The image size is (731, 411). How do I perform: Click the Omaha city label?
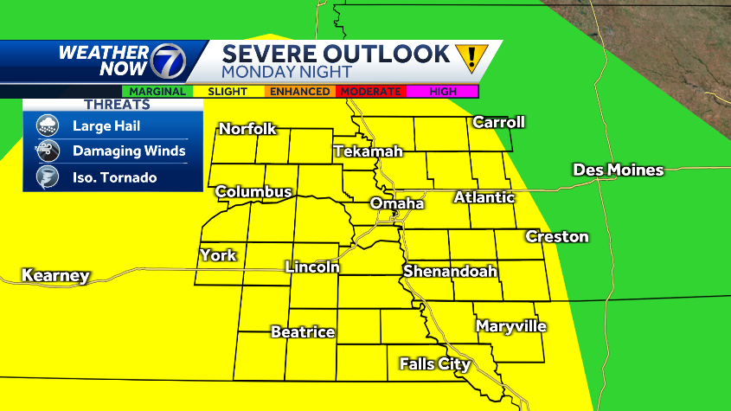pyautogui.click(x=397, y=203)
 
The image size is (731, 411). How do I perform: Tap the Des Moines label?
pyautogui.click(x=618, y=170)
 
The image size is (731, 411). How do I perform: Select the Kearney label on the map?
pyautogui.click(x=55, y=276)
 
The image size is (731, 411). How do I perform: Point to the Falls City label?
pyautogui.click(x=434, y=363)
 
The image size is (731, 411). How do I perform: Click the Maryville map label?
pyautogui.click(x=510, y=326)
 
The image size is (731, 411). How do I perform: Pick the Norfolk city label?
pyautogui.click(x=247, y=129)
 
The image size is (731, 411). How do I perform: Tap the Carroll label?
pyautogui.click(x=498, y=122)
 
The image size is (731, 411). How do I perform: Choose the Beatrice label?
pyautogui.click(x=303, y=331)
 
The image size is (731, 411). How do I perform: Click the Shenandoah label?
pyautogui.click(x=450, y=272)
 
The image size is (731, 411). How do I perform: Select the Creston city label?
pyautogui.click(x=557, y=236)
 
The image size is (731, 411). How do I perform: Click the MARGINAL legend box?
pyautogui.click(x=157, y=91)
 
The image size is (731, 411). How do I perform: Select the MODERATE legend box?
pyautogui.click(x=370, y=91)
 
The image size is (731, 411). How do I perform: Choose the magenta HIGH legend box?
pyautogui.click(x=442, y=91)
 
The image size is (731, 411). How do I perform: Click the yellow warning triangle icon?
pyautogui.click(x=471, y=59)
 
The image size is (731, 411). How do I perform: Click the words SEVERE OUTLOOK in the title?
pyautogui.click(x=336, y=54)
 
